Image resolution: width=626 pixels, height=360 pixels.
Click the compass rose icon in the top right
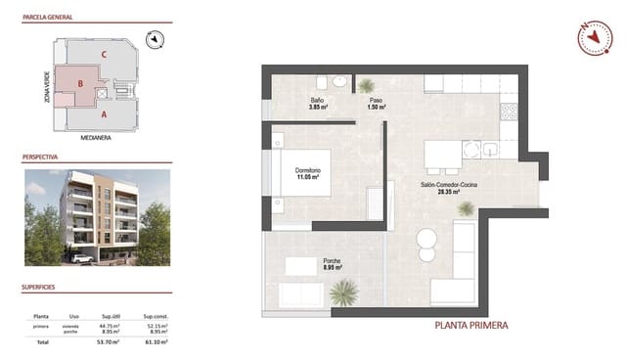593,38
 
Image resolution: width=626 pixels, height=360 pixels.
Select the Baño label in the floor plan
317,103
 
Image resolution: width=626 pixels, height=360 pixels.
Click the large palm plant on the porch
344,292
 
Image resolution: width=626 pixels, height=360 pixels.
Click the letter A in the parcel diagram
104,114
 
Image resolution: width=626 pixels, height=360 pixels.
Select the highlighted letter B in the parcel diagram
80,84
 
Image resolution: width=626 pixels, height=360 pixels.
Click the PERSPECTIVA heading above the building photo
40,156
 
